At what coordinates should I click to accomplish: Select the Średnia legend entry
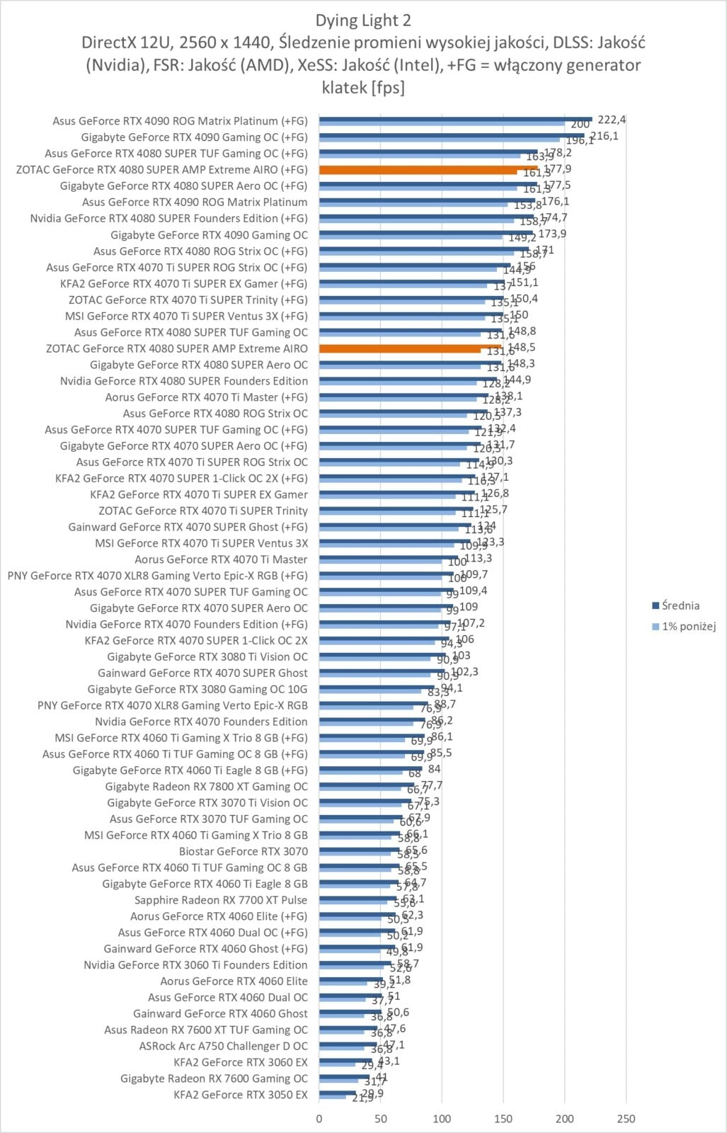point(680,605)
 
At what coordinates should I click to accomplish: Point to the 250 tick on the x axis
point(626,1119)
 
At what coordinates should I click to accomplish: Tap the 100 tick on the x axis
point(442,1119)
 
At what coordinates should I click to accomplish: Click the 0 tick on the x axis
point(319,1119)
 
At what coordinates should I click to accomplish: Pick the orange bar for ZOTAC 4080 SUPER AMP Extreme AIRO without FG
point(410,348)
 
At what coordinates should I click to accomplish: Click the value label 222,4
point(612,120)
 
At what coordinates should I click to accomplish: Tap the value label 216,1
point(604,136)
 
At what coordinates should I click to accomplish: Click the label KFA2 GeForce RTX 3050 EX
point(241,1095)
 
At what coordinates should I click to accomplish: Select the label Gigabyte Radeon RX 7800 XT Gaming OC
point(206,787)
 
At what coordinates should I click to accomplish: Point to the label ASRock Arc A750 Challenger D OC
point(223,1046)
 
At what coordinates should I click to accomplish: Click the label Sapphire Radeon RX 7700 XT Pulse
point(221,900)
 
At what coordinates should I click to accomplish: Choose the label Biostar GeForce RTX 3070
point(244,851)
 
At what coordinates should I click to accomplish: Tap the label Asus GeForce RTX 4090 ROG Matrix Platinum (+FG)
point(180,121)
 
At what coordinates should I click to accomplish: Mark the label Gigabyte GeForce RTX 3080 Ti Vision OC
point(207,656)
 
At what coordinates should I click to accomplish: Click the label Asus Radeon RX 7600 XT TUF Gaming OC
point(206,1030)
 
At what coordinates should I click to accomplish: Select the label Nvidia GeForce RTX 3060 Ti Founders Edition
point(195,965)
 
